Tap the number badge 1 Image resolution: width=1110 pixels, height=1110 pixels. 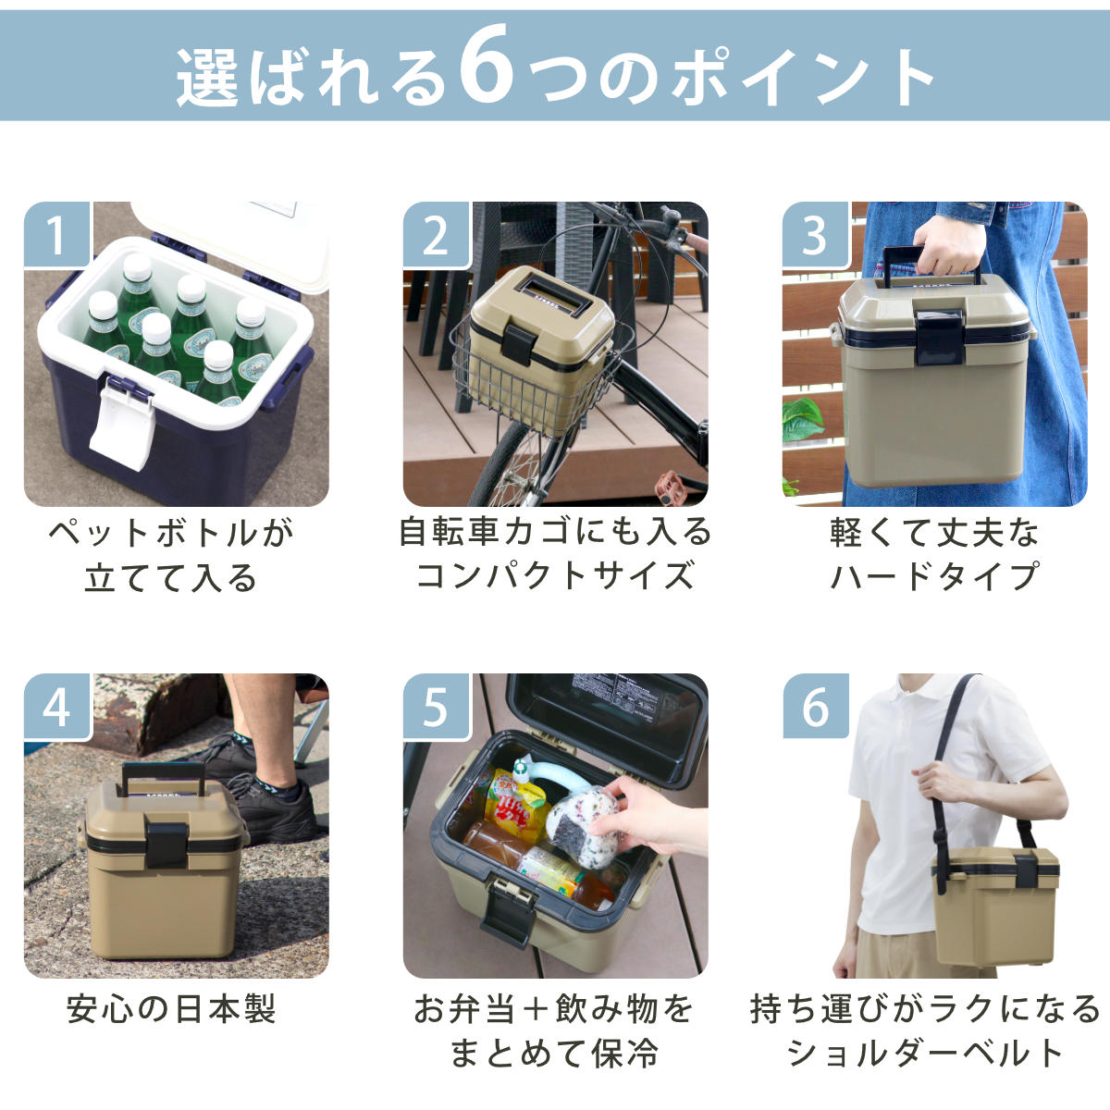pyautogui.click(x=57, y=235)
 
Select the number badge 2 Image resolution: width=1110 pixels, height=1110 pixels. pyautogui.click(x=437, y=235)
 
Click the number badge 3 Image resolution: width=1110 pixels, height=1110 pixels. pyautogui.click(x=816, y=235)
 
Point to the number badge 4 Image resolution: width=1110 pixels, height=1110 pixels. pyautogui.click(x=57, y=707)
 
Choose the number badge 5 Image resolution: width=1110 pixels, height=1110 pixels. pyautogui.click(x=437, y=707)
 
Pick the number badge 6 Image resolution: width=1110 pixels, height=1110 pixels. pyautogui.click(x=816, y=707)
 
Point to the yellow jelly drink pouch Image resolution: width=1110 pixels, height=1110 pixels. pyautogui.click(x=514, y=802)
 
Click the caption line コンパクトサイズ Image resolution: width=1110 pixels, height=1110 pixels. pyautogui.click(x=555, y=576)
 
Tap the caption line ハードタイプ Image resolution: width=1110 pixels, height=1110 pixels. pyautogui.click(x=934, y=576)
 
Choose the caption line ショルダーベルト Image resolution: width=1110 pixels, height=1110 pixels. pyautogui.click(x=925, y=1054)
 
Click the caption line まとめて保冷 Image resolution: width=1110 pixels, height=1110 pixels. pyautogui.click(x=554, y=1054)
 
